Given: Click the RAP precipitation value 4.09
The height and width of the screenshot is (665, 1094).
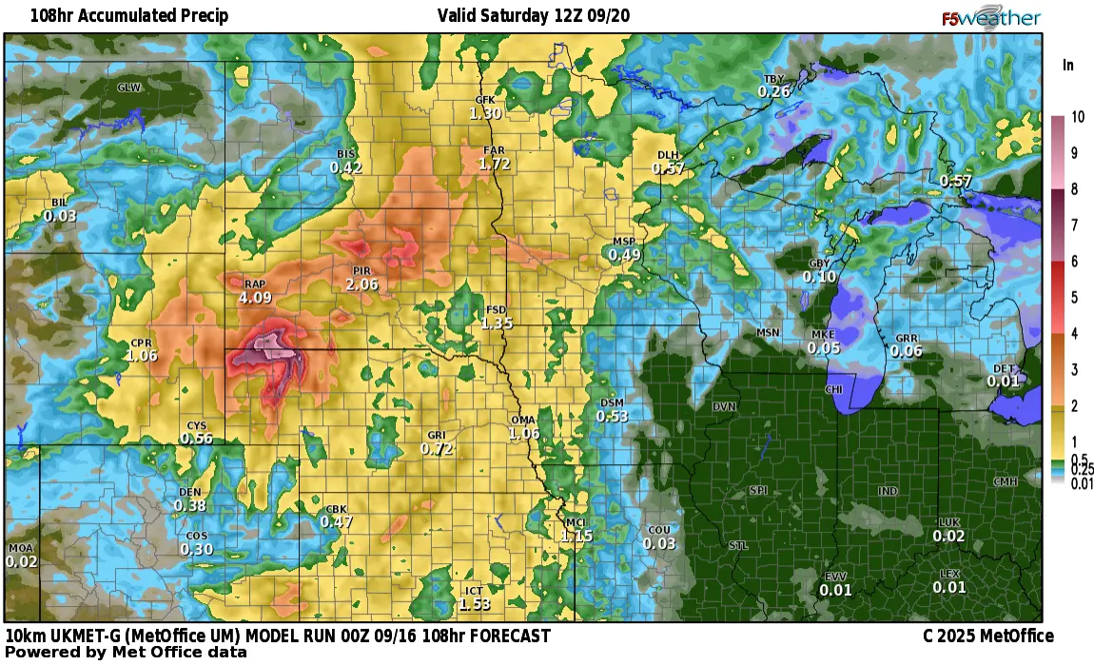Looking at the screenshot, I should (255, 298).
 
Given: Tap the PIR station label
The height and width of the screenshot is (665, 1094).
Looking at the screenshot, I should (361, 271).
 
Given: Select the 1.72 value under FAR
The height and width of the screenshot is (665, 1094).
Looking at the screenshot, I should (495, 164).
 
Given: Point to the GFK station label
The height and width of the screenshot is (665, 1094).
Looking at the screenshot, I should (485, 100).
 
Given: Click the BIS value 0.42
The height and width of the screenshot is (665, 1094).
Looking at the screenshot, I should (346, 167).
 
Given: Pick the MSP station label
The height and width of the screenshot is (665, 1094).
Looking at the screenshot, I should (624, 242).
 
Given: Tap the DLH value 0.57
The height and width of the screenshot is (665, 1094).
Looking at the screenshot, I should (669, 168).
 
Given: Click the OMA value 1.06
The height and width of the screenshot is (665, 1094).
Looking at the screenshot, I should (524, 434).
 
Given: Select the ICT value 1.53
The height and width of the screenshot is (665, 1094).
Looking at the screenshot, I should (474, 604).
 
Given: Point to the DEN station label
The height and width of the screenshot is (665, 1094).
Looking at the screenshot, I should (190, 492).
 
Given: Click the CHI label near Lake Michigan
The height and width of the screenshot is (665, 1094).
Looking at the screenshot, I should (833, 390).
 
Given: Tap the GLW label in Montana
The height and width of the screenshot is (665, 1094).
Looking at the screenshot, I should (127, 88).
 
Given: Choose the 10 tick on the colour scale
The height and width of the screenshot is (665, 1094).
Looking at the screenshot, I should (1078, 118).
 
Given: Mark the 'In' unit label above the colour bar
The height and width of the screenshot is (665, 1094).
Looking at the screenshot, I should (1068, 66).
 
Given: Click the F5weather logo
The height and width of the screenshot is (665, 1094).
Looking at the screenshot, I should (991, 18).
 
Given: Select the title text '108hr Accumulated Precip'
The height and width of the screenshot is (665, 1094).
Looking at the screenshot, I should (115, 16).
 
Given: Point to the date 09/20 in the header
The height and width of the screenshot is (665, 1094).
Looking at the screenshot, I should (612, 16).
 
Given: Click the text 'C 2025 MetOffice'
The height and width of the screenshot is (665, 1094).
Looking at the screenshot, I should (987, 636).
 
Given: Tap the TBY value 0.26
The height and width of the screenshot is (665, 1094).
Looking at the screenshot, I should (773, 92).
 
